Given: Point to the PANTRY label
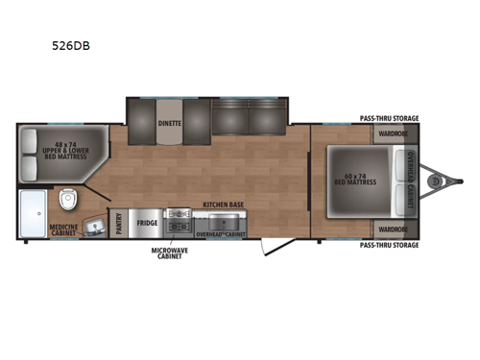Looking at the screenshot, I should (x=118, y=223).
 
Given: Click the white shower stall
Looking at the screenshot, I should (x=33, y=212).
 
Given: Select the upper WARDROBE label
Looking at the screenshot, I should (x=392, y=133).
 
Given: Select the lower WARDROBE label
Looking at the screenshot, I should (x=392, y=228).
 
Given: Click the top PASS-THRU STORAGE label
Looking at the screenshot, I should (x=389, y=118).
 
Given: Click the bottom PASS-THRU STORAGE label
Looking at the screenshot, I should (x=389, y=245).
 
